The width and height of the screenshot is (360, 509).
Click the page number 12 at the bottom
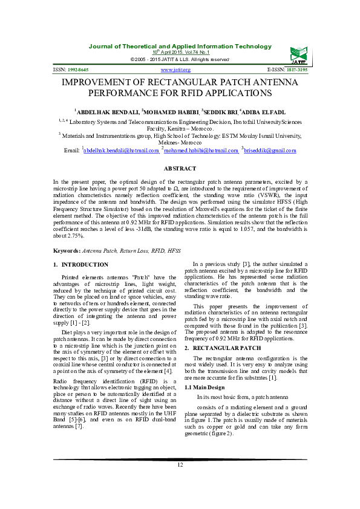click(x=180, y=465)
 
